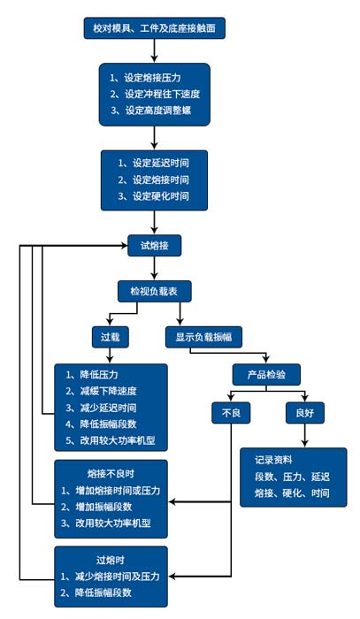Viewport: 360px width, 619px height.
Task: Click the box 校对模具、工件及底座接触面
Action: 154,28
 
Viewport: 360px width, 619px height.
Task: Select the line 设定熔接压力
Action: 154,78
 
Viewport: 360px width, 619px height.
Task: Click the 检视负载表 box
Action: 155,290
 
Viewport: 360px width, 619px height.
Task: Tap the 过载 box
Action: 110,336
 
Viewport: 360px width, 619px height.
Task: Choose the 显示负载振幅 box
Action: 204,336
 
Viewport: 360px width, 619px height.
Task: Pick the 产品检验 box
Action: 267,372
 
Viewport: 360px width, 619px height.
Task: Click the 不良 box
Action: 231,413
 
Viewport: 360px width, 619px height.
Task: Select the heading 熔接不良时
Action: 110,474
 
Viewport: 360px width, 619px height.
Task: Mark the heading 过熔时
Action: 110,560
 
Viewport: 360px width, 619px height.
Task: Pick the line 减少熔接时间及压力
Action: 110,576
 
